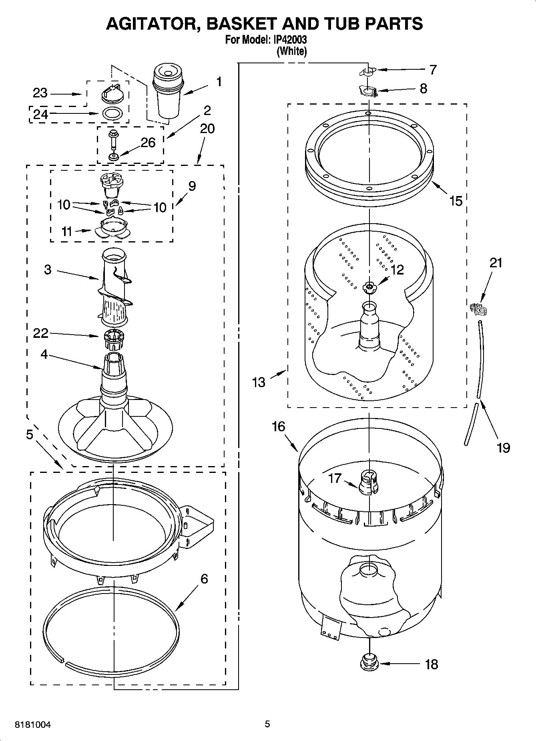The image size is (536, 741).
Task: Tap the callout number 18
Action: (431, 664)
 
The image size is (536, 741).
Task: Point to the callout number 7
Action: (433, 69)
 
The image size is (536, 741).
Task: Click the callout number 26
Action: (148, 142)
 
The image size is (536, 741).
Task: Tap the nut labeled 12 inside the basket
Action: (369, 287)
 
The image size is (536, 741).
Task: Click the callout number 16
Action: (279, 426)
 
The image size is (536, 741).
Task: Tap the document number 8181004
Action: (33, 725)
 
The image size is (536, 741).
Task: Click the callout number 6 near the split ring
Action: (204, 579)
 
